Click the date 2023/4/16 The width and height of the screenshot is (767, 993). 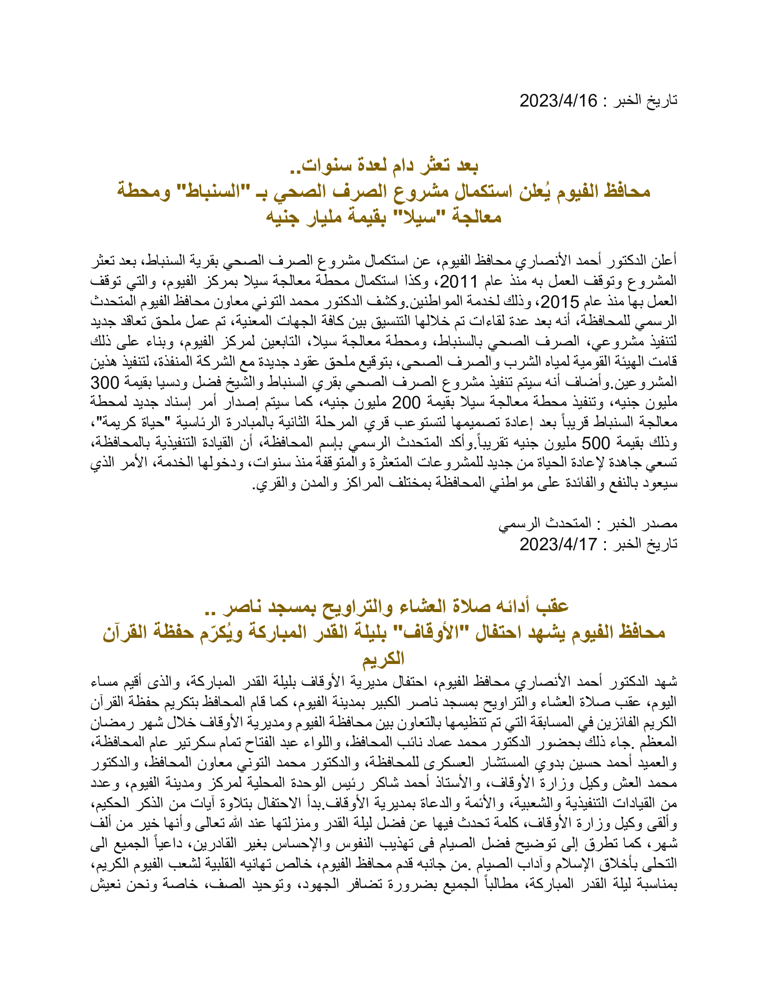click(x=559, y=101)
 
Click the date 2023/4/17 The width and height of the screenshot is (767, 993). click(x=559, y=544)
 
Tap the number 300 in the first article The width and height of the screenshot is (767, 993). click(x=105, y=383)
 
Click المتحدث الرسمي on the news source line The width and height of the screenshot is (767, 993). click(x=545, y=523)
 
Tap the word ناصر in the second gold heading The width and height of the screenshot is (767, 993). click(x=245, y=606)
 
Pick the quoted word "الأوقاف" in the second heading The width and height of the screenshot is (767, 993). click(x=429, y=632)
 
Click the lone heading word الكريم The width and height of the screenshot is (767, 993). click(x=383, y=659)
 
